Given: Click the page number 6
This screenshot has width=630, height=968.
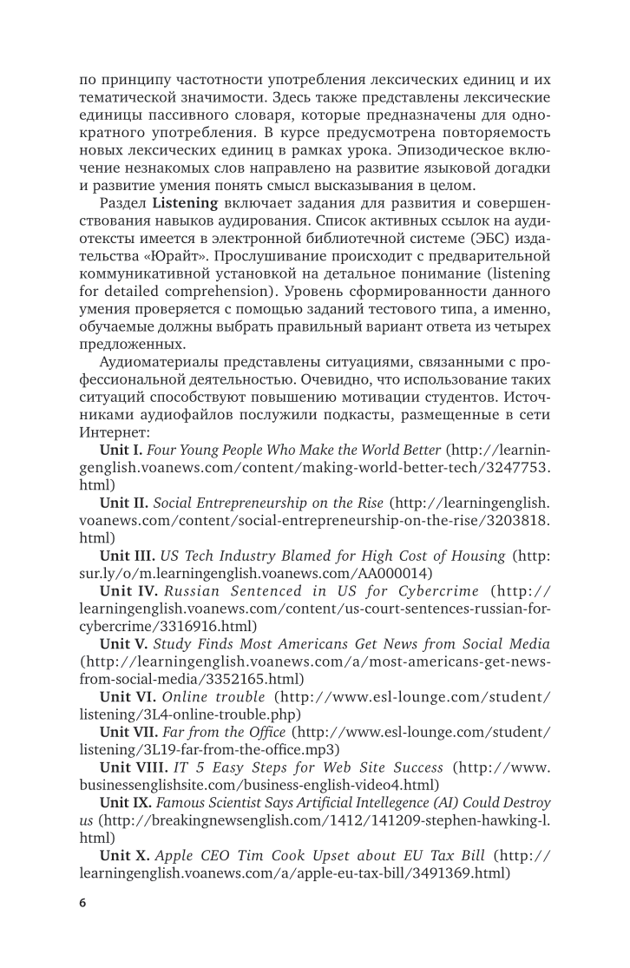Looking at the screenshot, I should [x=82, y=903].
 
